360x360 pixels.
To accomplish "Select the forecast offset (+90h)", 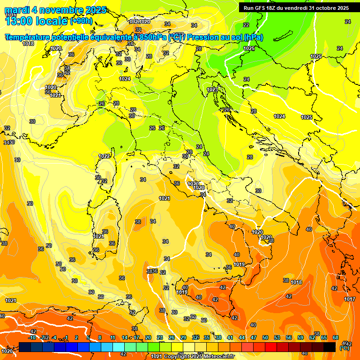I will [x=81, y=21].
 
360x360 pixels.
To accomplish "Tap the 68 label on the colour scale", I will [x=336, y=337].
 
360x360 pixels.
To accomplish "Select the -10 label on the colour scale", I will [x=32, y=337].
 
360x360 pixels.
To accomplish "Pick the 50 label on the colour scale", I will [x=265, y=337].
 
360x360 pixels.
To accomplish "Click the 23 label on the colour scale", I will [x=159, y=337].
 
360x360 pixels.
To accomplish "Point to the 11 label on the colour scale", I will [x=112, y=337].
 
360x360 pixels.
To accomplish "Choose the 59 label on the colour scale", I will [x=300, y=337].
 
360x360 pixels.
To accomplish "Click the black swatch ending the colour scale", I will [x=330, y=347].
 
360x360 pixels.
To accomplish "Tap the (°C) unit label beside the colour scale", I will [x=345, y=347].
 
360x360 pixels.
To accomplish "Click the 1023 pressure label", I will [x=212, y=90].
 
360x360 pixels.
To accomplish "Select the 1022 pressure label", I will [x=105, y=156].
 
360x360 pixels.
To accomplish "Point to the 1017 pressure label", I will [x=349, y=299].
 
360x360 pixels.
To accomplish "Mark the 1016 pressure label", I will [x=11, y=15].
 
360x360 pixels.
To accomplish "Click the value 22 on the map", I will [x=246, y=25].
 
